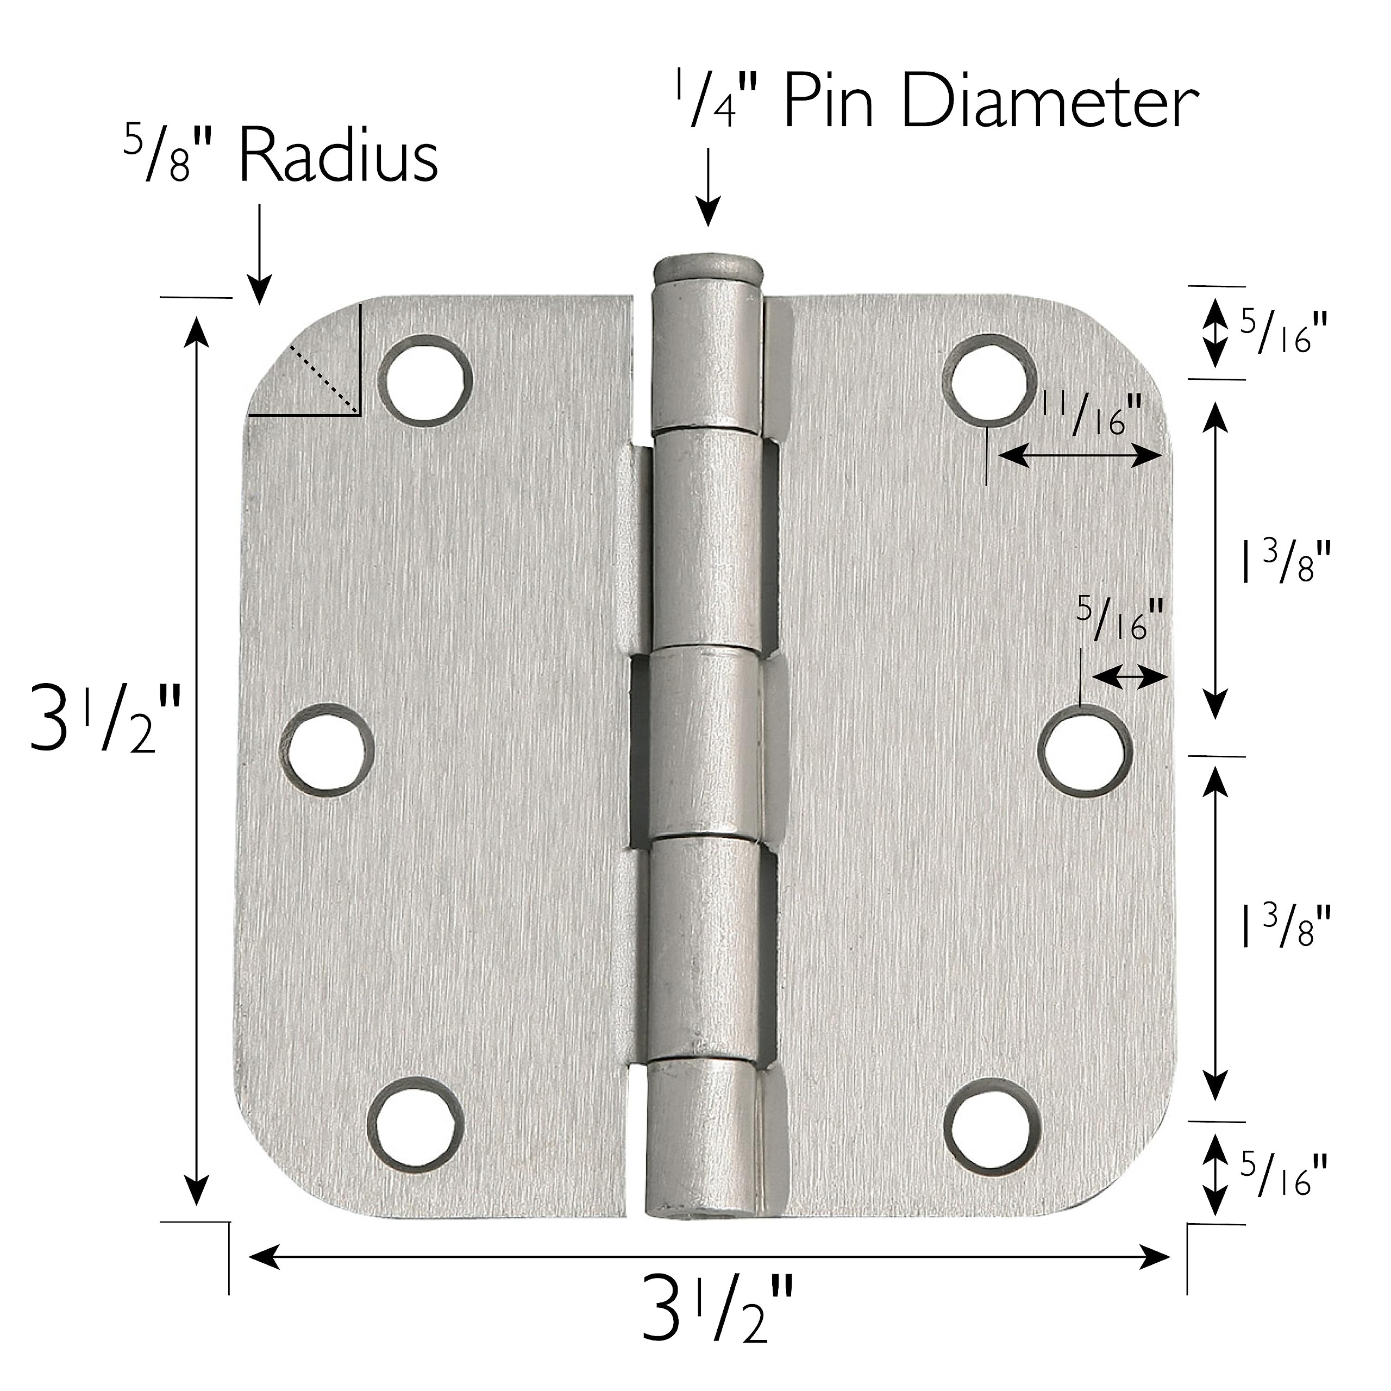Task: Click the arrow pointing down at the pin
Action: point(709,187)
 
